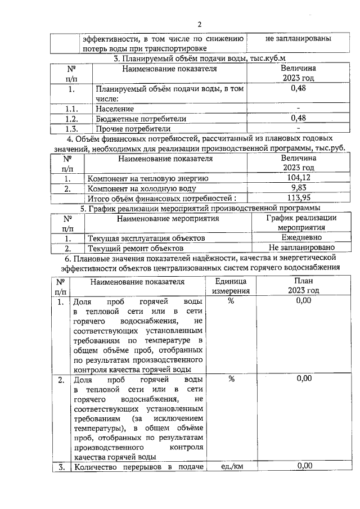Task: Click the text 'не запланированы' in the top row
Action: [298, 39]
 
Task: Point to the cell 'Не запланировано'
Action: [301, 247]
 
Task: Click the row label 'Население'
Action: [115, 109]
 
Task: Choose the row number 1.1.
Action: [71, 109]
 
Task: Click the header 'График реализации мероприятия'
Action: [301, 223]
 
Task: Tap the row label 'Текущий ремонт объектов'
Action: [136, 248]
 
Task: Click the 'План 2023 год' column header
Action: [304, 286]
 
